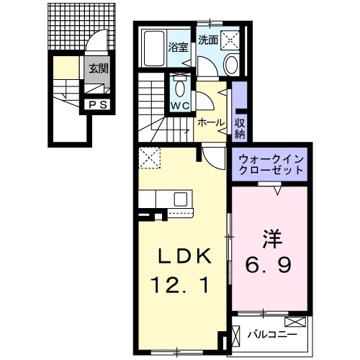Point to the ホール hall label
coord(211,122)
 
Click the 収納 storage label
coord(240,127)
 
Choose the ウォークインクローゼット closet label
coord(268,162)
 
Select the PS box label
coord(96,105)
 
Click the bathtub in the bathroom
coord(153,48)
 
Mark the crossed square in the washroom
coord(230,40)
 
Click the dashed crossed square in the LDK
coord(150,156)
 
